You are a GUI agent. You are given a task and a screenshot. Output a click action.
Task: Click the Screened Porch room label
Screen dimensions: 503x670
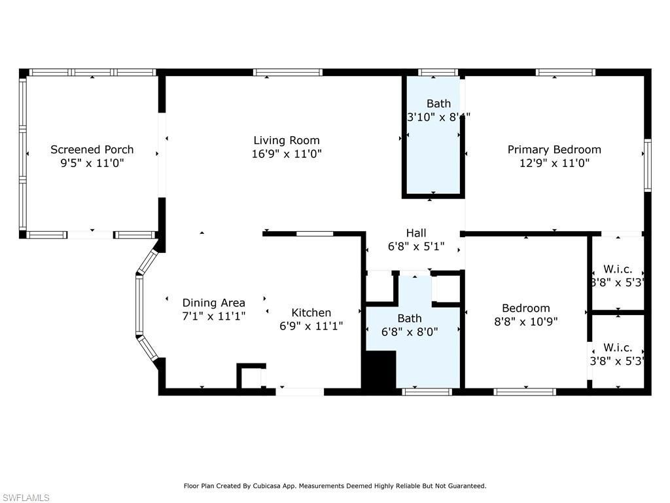pyautogui.click(x=92, y=149)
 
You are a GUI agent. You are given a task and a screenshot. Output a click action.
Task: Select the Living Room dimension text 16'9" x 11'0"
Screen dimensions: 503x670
pyautogui.click(x=287, y=154)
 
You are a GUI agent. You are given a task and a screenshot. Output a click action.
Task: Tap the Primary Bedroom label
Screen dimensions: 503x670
pyautogui.click(x=554, y=149)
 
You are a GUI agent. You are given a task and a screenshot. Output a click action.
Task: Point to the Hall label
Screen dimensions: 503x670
pyautogui.click(x=416, y=233)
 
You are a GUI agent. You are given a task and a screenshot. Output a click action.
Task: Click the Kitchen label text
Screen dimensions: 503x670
pyautogui.click(x=311, y=312)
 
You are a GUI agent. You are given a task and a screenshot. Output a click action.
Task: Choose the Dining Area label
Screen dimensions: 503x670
pyautogui.click(x=213, y=302)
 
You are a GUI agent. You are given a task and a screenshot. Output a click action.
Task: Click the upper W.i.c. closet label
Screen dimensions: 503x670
pyautogui.click(x=618, y=269)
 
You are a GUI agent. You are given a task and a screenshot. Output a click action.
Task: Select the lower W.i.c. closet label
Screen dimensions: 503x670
pyautogui.click(x=618, y=347)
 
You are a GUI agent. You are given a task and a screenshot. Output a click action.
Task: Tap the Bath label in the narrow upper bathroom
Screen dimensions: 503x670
pyautogui.click(x=438, y=103)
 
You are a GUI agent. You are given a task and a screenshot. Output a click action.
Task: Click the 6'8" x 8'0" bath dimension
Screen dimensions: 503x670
pyautogui.click(x=410, y=331)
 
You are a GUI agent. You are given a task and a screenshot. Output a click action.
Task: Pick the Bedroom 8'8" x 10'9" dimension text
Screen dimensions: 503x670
pyautogui.click(x=526, y=321)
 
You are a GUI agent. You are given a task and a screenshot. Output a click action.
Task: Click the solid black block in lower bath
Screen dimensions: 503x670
pyautogui.click(x=380, y=370)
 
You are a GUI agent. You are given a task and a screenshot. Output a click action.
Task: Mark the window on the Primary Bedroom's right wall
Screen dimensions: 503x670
pyautogui.click(x=647, y=165)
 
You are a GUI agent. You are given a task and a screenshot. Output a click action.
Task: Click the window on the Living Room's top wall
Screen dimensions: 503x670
pyautogui.click(x=287, y=72)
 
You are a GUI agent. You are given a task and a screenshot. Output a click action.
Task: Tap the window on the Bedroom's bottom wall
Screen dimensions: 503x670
pyautogui.click(x=525, y=392)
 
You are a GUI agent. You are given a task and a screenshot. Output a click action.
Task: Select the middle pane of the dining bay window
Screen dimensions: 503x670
pyautogui.click(x=139, y=305)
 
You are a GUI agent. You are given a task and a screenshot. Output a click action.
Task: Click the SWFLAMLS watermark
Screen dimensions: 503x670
pyautogui.click(x=26, y=498)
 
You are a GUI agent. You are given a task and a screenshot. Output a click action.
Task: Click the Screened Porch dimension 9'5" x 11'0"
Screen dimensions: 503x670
pyautogui.click(x=92, y=162)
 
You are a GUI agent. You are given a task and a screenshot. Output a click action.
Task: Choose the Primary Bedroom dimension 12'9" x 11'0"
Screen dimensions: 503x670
pyautogui.click(x=554, y=162)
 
